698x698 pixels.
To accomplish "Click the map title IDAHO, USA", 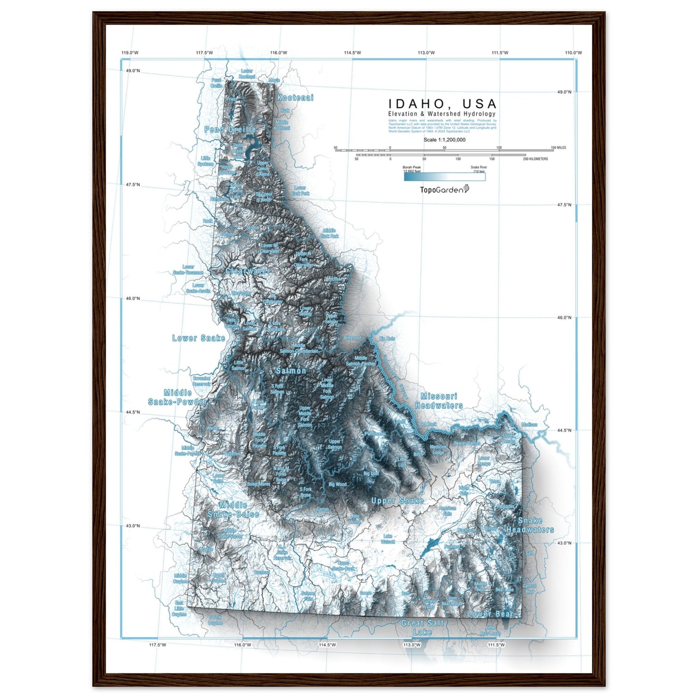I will [442, 104].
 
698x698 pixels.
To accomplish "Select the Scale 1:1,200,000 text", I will [444, 140].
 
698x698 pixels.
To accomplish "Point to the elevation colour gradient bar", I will [444, 177].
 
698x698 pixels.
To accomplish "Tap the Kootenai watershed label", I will [295, 98].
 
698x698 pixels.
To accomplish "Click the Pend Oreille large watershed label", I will [230, 129].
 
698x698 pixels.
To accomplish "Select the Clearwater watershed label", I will [248, 271].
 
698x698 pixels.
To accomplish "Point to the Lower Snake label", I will [199, 338].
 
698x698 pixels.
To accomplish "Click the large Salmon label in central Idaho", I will [291, 370].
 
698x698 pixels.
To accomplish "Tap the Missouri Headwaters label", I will [439, 401].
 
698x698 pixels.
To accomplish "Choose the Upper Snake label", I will [397, 501].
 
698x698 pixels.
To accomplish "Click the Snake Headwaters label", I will [530, 525].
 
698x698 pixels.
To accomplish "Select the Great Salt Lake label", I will [422, 627].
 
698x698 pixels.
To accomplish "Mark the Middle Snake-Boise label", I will [233, 510].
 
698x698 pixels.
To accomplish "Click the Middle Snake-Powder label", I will [177, 397].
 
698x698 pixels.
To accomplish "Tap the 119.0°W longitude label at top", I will [130, 53].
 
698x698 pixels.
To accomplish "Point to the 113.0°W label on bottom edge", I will [412, 644].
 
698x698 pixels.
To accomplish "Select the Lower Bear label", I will [490, 614].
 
